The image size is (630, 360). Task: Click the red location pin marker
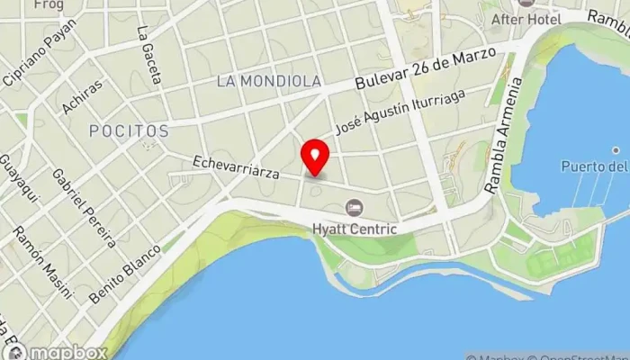315,157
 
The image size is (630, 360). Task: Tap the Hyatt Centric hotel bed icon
354,208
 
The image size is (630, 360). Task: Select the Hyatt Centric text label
354,229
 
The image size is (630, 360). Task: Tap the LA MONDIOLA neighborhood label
269,81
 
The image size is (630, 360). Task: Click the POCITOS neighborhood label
129,131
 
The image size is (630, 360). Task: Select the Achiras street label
82,97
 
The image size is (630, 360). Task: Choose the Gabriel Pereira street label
84,207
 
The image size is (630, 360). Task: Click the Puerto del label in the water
594,166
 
